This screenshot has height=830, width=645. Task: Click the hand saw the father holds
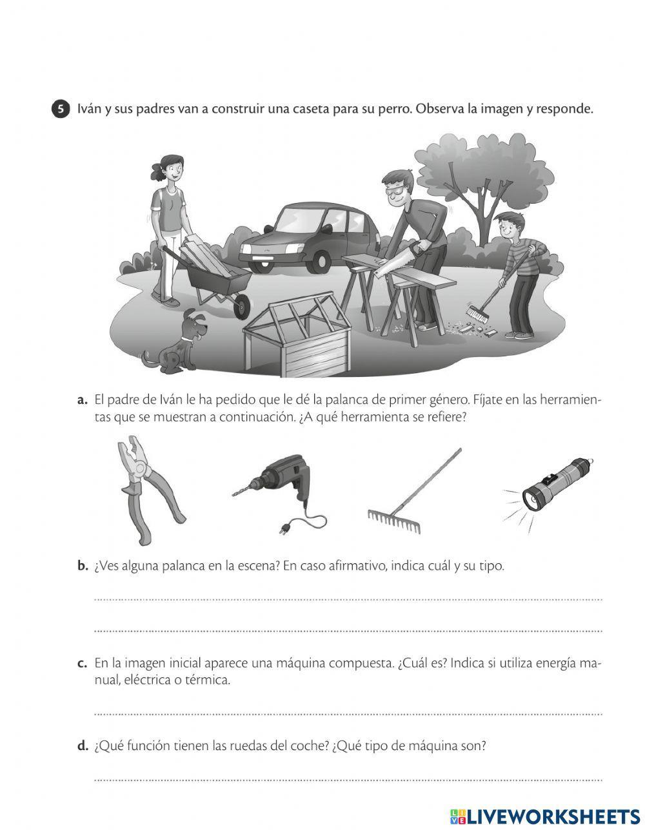pos(394,260)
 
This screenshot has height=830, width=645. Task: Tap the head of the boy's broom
pos(477,314)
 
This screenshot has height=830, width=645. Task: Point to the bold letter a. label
pos(83,401)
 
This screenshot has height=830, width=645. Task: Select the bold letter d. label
pos(83,746)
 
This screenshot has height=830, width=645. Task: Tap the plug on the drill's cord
pos(283,530)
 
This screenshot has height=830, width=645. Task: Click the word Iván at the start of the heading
pos(89,109)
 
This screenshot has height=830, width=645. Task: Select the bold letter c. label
pos(83,663)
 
